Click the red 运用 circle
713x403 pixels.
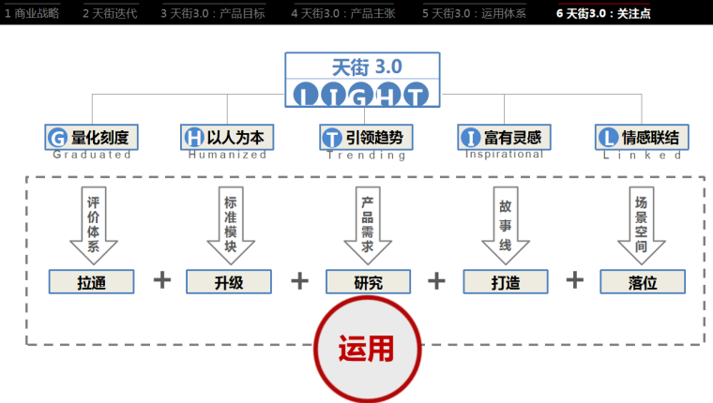click(x=366, y=348)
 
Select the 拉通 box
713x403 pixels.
click(x=92, y=281)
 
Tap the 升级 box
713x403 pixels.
click(x=229, y=281)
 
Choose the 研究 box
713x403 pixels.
click(x=368, y=281)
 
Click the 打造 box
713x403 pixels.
click(x=506, y=281)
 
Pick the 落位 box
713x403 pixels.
click(x=643, y=281)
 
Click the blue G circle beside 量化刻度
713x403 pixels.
click(x=56, y=138)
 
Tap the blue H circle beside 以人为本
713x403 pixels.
click(x=193, y=138)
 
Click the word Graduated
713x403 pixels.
click(x=92, y=155)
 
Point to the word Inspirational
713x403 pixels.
click(x=505, y=155)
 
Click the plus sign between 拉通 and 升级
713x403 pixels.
click(x=161, y=280)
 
